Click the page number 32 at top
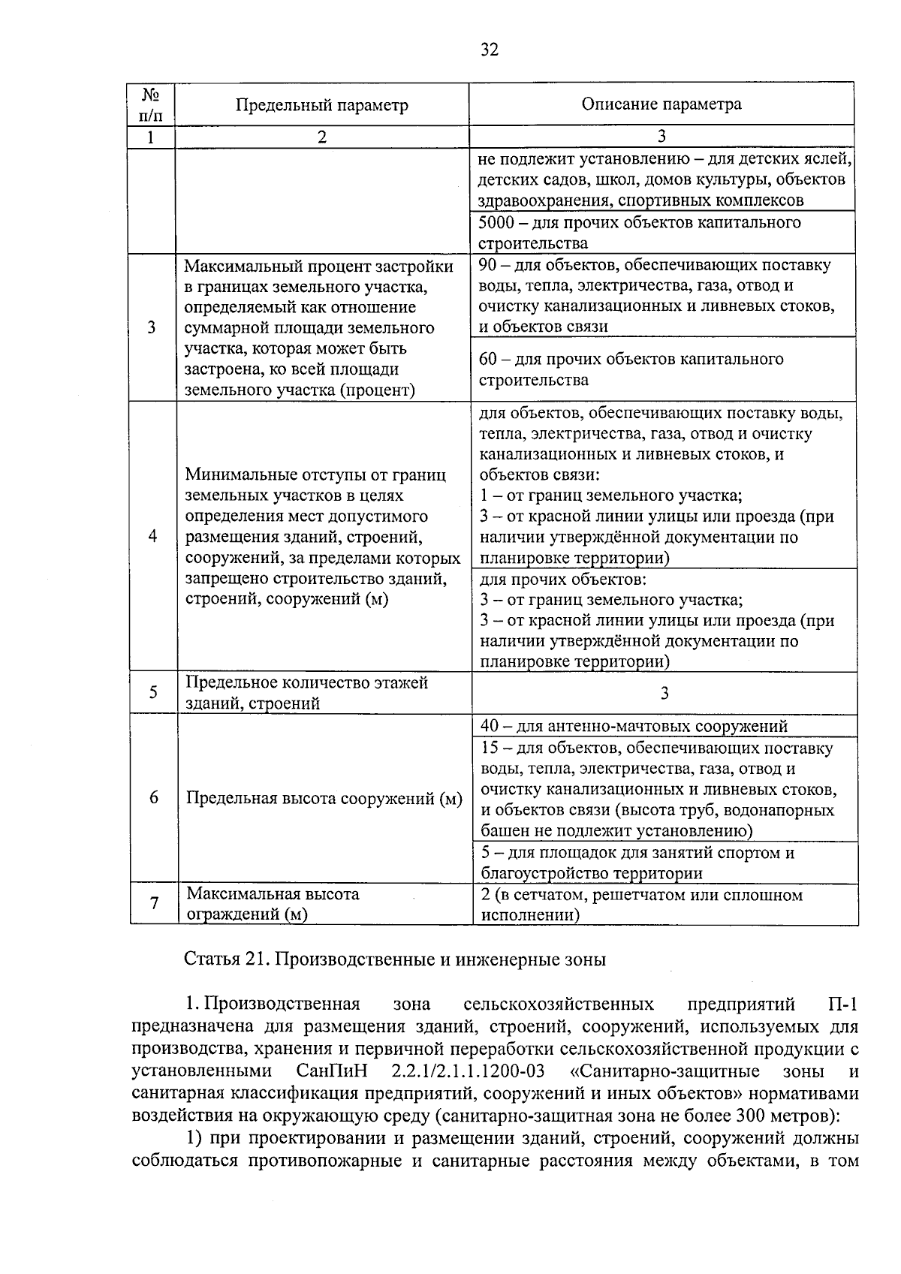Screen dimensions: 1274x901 (x=489, y=50)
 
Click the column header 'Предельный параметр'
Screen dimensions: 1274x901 (x=321, y=105)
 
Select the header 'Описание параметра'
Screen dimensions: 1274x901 (x=661, y=104)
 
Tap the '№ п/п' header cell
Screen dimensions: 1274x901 (x=151, y=104)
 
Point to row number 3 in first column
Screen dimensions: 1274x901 (x=152, y=327)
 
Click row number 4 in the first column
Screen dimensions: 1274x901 (x=152, y=536)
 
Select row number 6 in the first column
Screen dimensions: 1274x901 (x=153, y=797)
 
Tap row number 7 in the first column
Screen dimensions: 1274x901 (x=154, y=903)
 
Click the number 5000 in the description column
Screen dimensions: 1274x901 (x=496, y=222)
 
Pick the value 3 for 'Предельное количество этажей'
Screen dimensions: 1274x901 (x=664, y=693)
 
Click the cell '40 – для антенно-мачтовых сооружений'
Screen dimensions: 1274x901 (x=634, y=726)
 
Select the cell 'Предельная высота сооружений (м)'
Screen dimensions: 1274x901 (x=324, y=798)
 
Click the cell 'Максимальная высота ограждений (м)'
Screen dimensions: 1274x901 (x=273, y=904)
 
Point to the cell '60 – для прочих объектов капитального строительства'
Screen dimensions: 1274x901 (x=631, y=369)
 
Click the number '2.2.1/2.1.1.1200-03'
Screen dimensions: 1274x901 (x=468, y=1071)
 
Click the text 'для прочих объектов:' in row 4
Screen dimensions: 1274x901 (x=562, y=580)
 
